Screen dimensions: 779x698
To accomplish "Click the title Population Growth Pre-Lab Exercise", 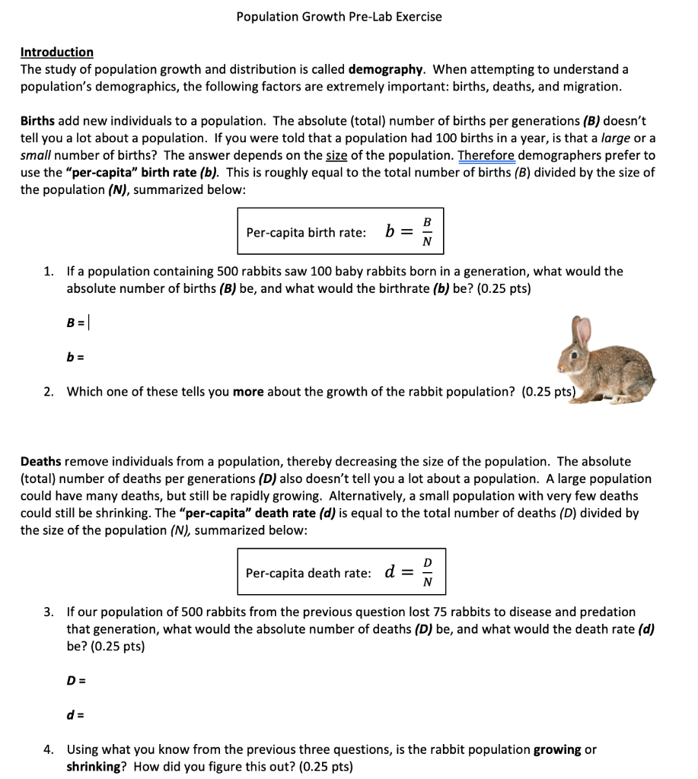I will pos(339,16).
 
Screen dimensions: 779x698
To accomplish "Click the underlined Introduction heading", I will pos(57,52).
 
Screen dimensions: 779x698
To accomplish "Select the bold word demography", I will pos(385,69).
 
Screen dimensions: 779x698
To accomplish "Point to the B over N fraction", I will pos(426,231).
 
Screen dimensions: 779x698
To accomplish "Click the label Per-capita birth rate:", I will pos(306,232).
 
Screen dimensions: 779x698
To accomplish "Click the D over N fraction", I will pos(427,572).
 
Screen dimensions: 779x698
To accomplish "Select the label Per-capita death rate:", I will pos(308,572).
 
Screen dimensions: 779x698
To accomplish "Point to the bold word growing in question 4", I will pos(557,749).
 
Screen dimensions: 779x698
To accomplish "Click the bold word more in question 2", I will pos(247,392).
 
